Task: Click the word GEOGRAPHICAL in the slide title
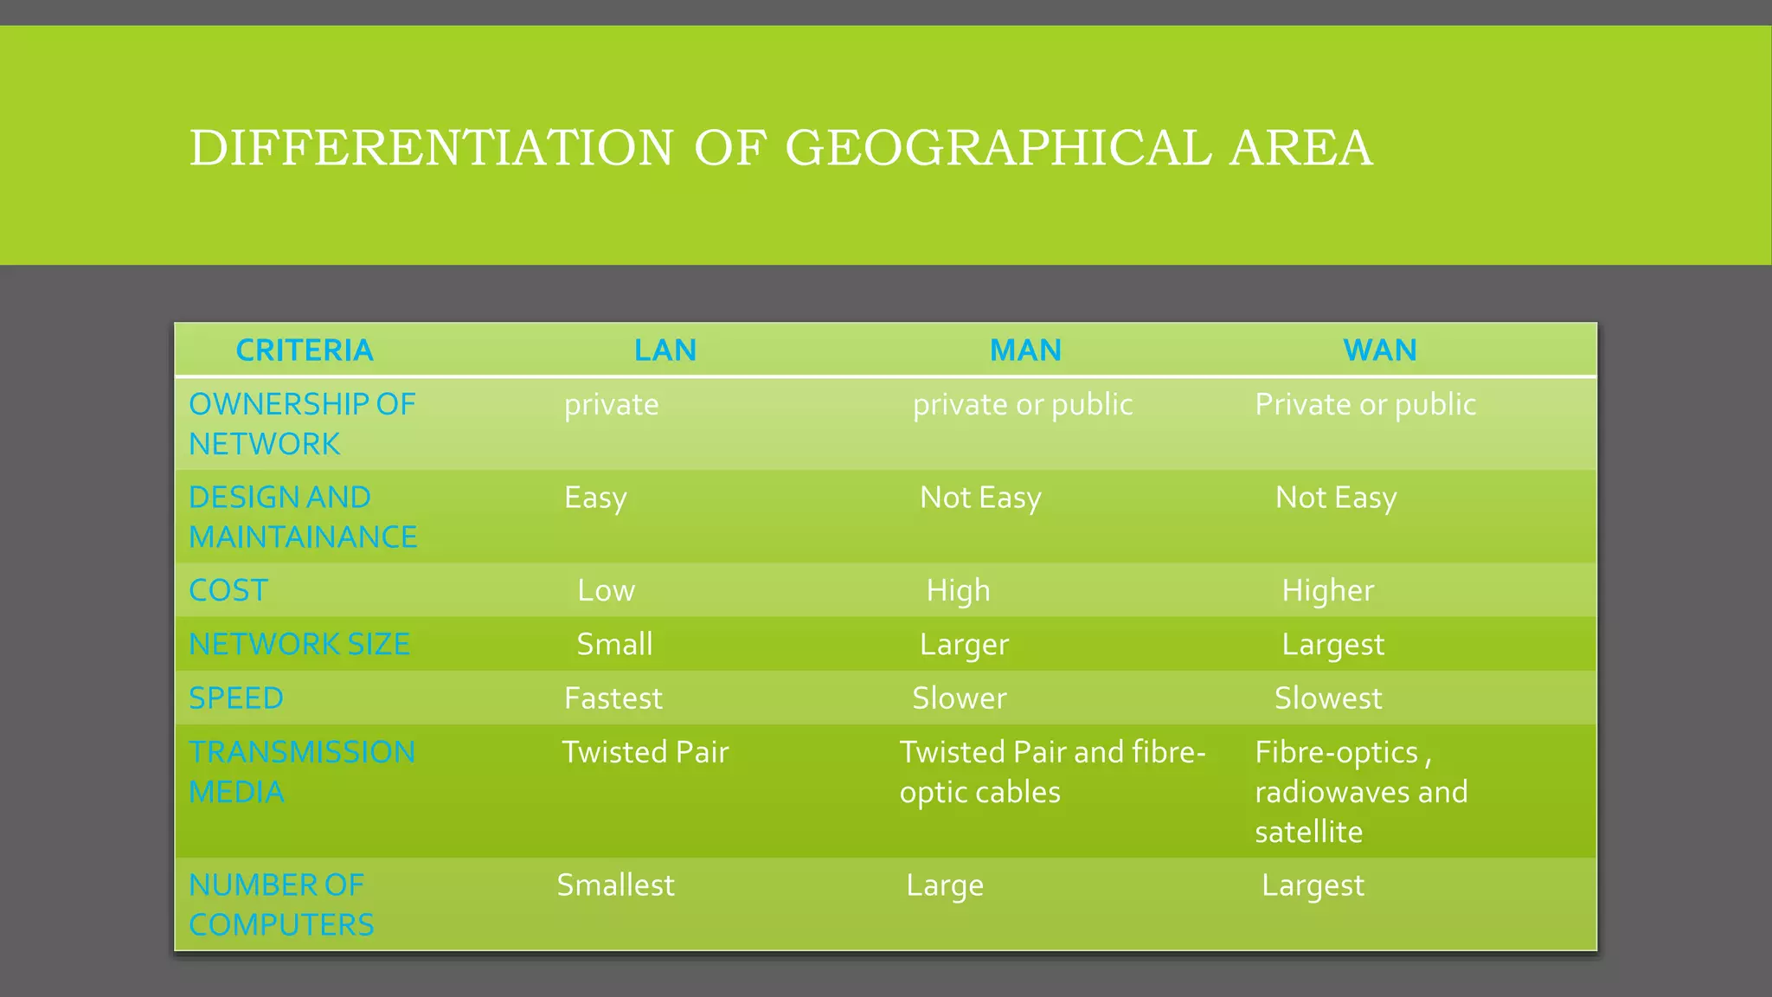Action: tap(998, 148)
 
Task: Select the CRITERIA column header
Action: tap(305, 351)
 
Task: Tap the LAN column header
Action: tap(664, 351)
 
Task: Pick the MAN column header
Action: tap(1025, 351)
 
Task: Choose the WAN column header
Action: tap(1379, 351)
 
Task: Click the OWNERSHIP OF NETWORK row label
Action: tap(302, 424)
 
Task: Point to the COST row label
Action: tap(228, 590)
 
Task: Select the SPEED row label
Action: tap(236, 698)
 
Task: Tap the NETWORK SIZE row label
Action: tap(299, 644)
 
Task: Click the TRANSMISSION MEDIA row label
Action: tap(302, 771)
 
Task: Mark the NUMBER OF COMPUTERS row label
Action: tap(281, 904)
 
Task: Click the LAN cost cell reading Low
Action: tap(606, 590)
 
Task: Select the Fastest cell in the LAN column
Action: tap(613, 698)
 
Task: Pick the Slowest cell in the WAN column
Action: tap(1327, 698)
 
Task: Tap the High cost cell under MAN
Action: tap(958, 590)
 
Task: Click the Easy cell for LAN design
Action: tap(595, 498)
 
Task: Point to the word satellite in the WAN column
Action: tap(1308, 832)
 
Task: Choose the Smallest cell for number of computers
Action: tap(615, 885)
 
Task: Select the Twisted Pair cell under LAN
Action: tap(645, 752)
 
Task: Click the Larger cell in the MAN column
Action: tap(964, 645)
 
